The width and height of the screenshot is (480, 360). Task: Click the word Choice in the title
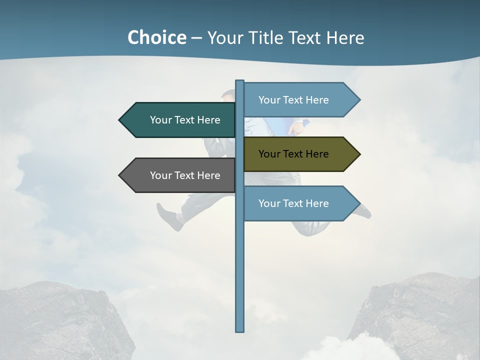tap(156, 37)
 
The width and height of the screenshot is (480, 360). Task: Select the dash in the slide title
tap(196, 38)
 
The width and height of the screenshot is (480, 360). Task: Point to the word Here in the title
tap(345, 37)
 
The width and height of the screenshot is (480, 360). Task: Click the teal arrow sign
tap(180, 120)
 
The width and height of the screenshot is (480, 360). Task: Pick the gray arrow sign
tap(180, 175)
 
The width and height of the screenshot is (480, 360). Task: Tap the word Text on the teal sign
tap(184, 120)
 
